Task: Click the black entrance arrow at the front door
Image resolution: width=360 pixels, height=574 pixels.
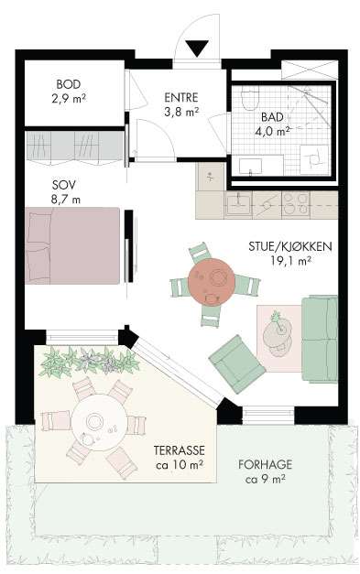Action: coord(197,48)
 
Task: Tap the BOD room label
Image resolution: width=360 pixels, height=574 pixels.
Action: coord(69,84)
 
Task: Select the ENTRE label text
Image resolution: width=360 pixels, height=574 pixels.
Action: coord(180,97)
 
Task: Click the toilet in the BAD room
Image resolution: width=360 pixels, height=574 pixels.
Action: coord(250,97)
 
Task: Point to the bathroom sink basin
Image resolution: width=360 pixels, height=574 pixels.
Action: coord(250,166)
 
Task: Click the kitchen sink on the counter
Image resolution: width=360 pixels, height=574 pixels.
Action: coord(238,204)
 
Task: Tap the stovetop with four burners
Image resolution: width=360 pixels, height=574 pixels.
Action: coord(295,203)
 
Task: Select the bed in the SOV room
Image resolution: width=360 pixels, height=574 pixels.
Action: coord(72,245)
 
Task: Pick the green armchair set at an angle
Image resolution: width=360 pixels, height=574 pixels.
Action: coord(236,363)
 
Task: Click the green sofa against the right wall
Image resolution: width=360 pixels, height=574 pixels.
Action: coord(320,339)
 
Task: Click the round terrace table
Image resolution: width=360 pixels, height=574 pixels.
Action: coord(100,422)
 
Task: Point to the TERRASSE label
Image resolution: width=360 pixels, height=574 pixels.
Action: coord(180,449)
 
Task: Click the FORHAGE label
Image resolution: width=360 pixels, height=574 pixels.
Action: coord(265,464)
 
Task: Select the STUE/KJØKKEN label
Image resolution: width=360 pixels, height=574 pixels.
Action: coord(290,246)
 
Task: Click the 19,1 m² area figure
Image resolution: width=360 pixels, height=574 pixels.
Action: coord(290,260)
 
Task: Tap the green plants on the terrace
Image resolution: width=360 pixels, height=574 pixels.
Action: coord(90,362)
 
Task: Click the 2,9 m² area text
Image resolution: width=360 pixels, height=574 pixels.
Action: coord(69,99)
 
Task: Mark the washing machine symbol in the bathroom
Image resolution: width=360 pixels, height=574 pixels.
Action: coord(314,159)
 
